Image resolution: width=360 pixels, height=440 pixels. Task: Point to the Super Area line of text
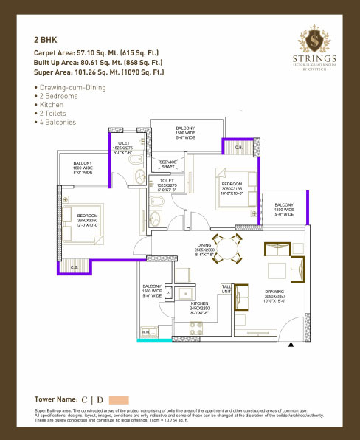tap(98, 72)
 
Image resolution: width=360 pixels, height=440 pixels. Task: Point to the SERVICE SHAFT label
tap(169, 164)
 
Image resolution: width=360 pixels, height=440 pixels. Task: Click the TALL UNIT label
tap(226, 289)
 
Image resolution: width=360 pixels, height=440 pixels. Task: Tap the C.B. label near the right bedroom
tap(238, 148)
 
